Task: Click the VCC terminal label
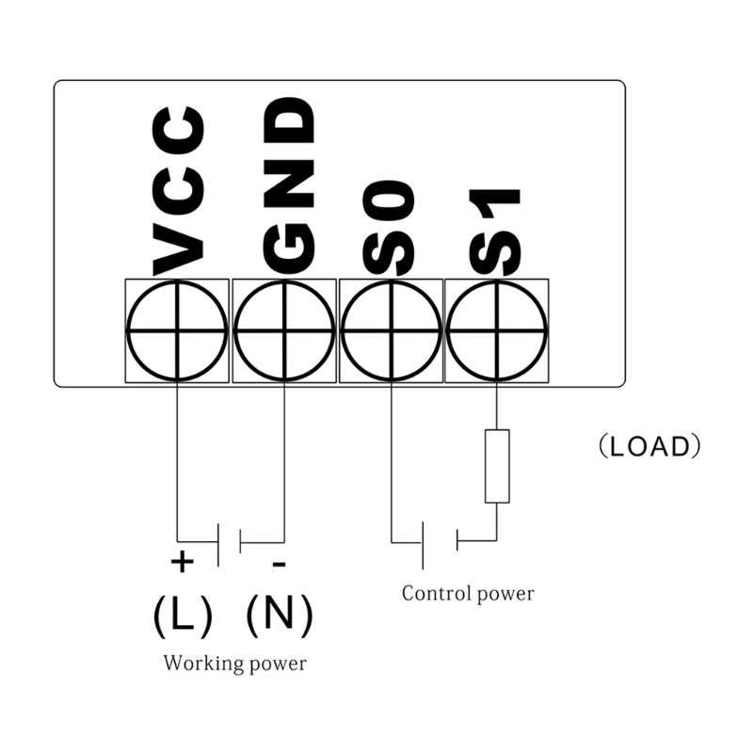click(179, 192)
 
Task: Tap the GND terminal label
click(289, 185)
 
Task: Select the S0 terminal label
click(389, 228)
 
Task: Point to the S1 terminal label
click(495, 232)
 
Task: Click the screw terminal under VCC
click(177, 331)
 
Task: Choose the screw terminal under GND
click(284, 331)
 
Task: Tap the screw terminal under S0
click(391, 331)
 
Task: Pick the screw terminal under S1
click(497, 331)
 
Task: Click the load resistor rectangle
click(497, 466)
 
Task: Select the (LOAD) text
click(649, 446)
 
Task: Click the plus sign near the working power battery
click(182, 561)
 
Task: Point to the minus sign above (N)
click(279, 564)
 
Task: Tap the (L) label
click(183, 617)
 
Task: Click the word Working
click(203, 665)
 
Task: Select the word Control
click(434, 594)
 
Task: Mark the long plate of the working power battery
click(218, 545)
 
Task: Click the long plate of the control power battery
click(423, 545)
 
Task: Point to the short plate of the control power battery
click(457, 540)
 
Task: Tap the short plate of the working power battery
click(240, 541)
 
